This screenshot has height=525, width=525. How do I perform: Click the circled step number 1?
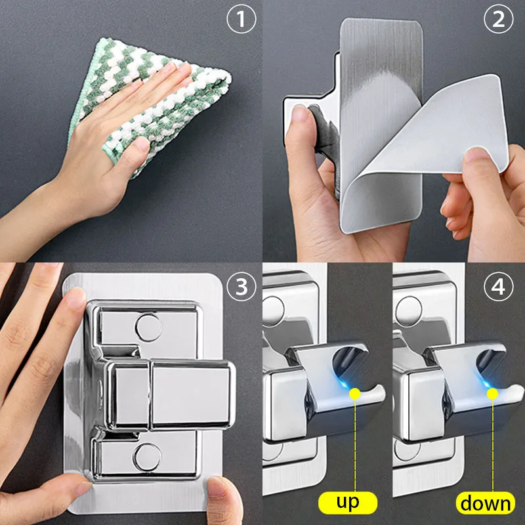click(x=241, y=20)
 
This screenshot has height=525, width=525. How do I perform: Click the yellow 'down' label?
click(x=486, y=503)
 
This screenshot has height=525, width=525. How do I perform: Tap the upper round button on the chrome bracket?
click(x=148, y=326)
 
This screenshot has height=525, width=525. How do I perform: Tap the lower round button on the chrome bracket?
click(x=148, y=455)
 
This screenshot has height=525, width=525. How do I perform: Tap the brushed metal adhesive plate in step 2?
click(x=381, y=66)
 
